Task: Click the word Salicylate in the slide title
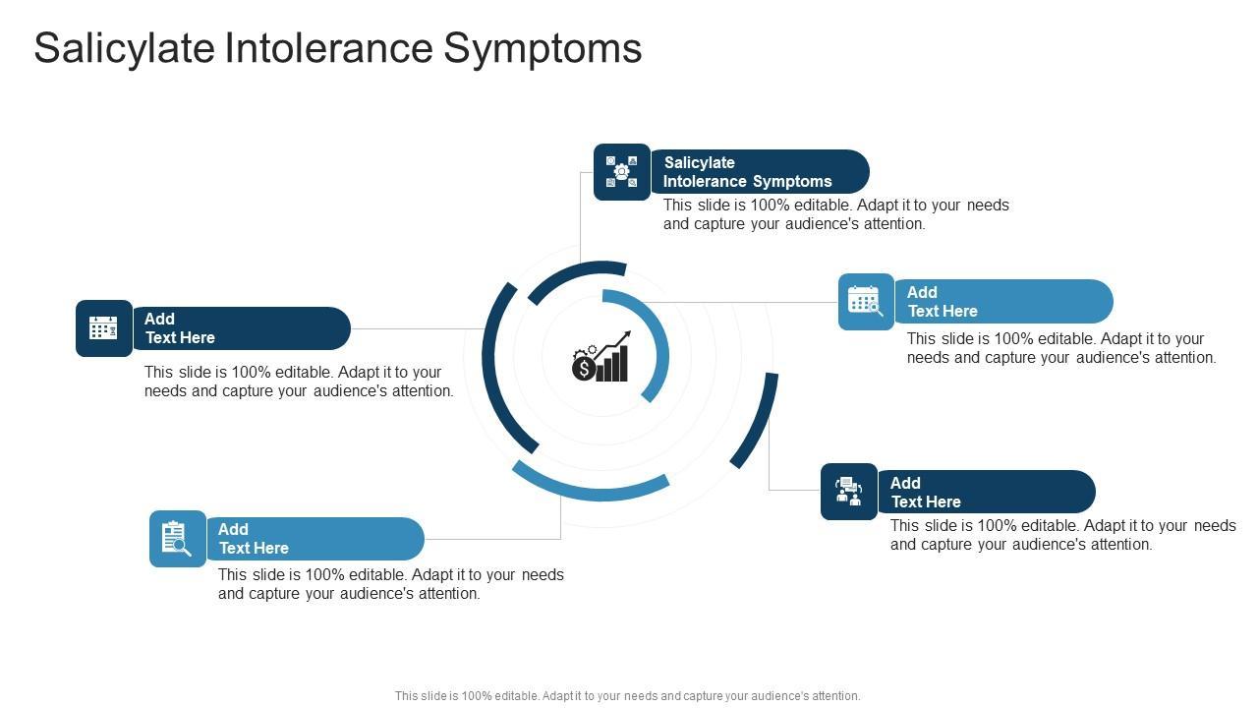(x=125, y=49)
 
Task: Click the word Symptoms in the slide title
(x=543, y=49)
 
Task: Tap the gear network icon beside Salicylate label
(x=622, y=171)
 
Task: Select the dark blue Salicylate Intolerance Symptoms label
(x=760, y=171)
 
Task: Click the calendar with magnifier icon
(x=866, y=302)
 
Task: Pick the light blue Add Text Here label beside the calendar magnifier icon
(x=1003, y=301)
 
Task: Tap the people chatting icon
(x=848, y=491)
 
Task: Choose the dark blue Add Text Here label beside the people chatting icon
(x=986, y=492)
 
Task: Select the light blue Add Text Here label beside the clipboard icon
(x=315, y=539)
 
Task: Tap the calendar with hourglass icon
(x=104, y=328)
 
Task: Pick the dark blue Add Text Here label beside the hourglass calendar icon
(x=242, y=328)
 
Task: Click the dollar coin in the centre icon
(x=584, y=369)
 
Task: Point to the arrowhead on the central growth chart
(x=626, y=335)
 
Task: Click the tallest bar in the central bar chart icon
(x=623, y=363)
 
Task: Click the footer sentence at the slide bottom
(x=627, y=695)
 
